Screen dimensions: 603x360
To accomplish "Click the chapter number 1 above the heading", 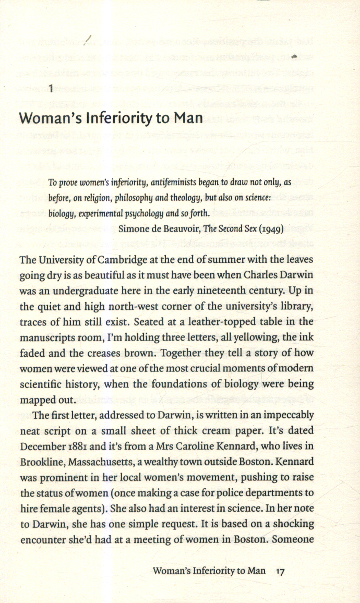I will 51,88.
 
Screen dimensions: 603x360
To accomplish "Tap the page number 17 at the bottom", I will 280,571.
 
